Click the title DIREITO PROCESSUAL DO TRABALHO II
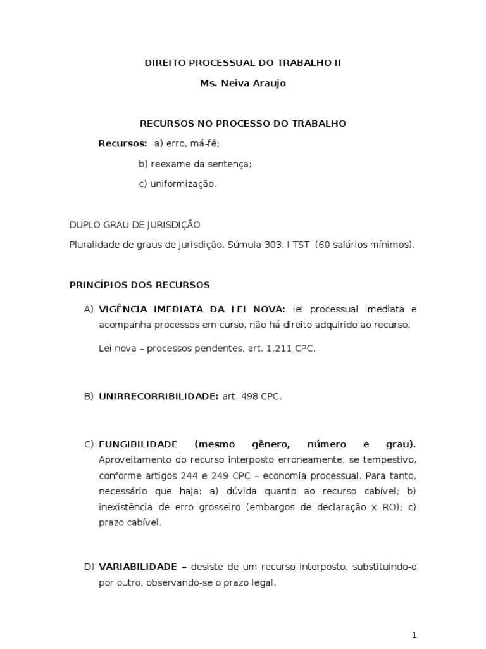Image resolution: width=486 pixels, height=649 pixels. pos(242,63)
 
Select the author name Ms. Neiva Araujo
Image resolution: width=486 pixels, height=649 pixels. pos(242,83)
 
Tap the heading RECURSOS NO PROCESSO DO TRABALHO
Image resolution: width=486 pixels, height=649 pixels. pos(242,124)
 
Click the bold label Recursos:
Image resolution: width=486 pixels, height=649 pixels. pos(123,143)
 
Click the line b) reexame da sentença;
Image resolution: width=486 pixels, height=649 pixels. pos(195,164)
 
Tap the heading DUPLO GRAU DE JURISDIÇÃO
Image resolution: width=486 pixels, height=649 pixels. pos(134,224)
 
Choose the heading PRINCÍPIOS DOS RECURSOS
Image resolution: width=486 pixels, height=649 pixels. pos(139,285)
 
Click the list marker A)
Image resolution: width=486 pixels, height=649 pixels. pos(89,309)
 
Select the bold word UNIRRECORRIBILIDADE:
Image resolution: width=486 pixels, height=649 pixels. pos(158,396)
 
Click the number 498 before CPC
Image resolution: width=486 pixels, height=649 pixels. pos(250,396)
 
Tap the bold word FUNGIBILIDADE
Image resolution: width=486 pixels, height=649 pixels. pos(138,444)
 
